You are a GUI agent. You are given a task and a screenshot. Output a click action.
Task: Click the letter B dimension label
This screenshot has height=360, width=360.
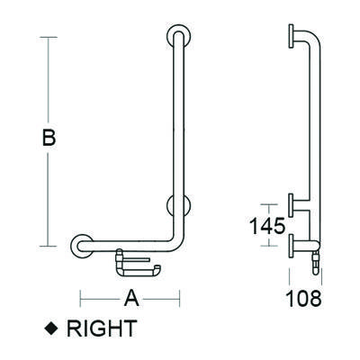(49, 139)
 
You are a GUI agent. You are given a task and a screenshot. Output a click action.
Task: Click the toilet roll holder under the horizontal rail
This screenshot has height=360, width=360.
(136, 265)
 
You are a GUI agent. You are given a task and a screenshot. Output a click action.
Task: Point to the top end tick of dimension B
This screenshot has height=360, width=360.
(49, 37)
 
